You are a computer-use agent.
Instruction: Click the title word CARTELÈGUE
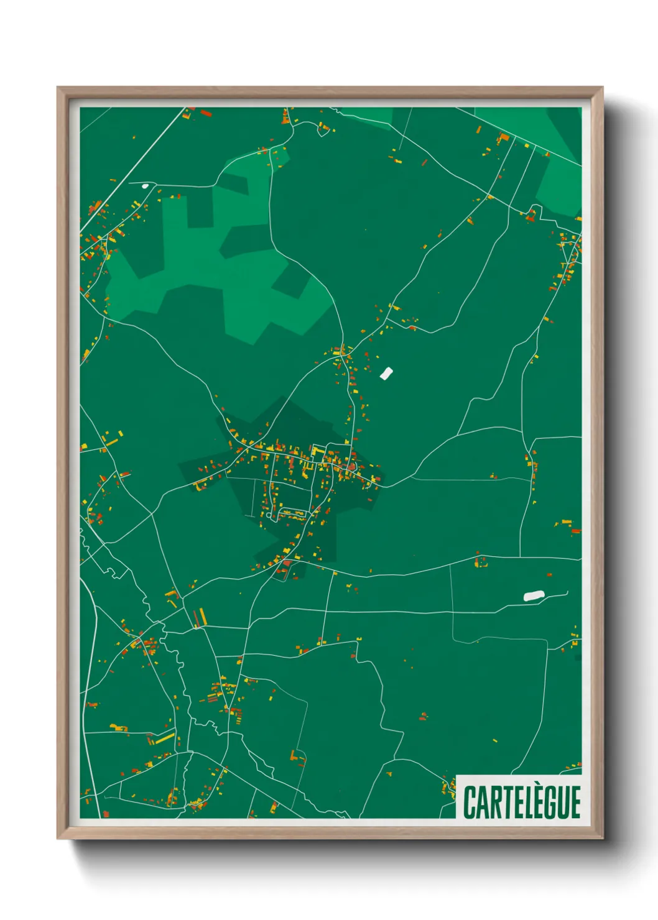[x=522, y=802]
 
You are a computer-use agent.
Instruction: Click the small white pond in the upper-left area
[x=145, y=185]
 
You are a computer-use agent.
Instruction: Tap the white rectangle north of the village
[x=386, y=374]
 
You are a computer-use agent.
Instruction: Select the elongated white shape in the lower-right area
[x=534, y=596]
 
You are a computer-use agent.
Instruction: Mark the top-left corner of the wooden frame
[x=58, y=88]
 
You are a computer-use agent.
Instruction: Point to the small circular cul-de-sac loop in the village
[x=270, y=514]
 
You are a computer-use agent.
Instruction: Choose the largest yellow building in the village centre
[x=318, y=449]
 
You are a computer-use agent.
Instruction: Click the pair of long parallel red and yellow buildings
[x=199, y=617]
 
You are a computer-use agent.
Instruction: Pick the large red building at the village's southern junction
[x=287, y=563]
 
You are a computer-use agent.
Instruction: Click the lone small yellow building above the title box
[x=495, y=741]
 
